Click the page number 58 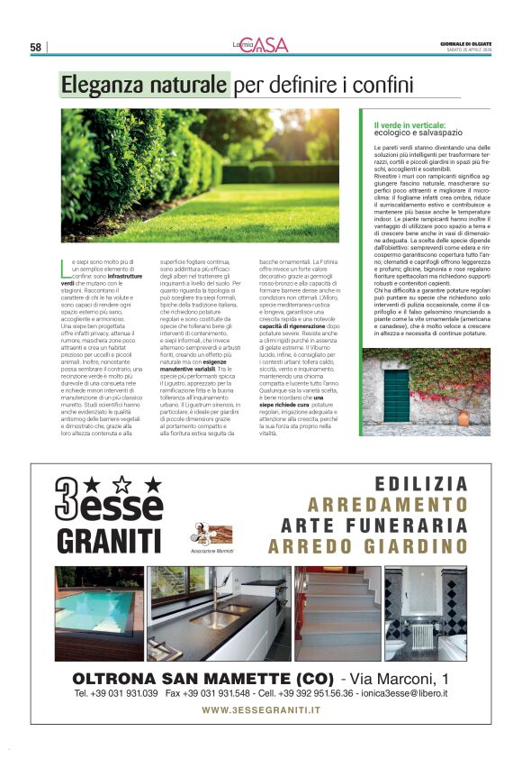click(x=36, y=47)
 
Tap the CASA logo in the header click(x=269, y=45)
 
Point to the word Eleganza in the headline click(x=100, y=86)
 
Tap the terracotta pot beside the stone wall click(x=463, y=418)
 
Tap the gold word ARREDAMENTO click(x=388, y=505)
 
